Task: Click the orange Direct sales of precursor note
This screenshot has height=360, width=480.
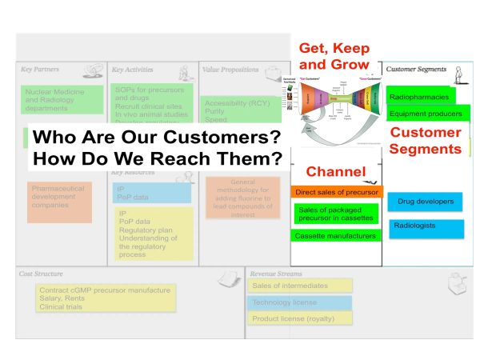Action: click(337, 192)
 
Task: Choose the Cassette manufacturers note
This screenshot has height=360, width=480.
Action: click(334, 236)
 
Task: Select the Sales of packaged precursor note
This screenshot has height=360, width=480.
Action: click(334, 213)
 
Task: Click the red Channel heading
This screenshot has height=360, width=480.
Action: click(335, 171)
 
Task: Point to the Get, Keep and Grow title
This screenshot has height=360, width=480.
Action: click(334, 55)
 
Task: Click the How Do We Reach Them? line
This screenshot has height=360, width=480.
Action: click(156, 158)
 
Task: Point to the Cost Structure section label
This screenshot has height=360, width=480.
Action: click(41, 274)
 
